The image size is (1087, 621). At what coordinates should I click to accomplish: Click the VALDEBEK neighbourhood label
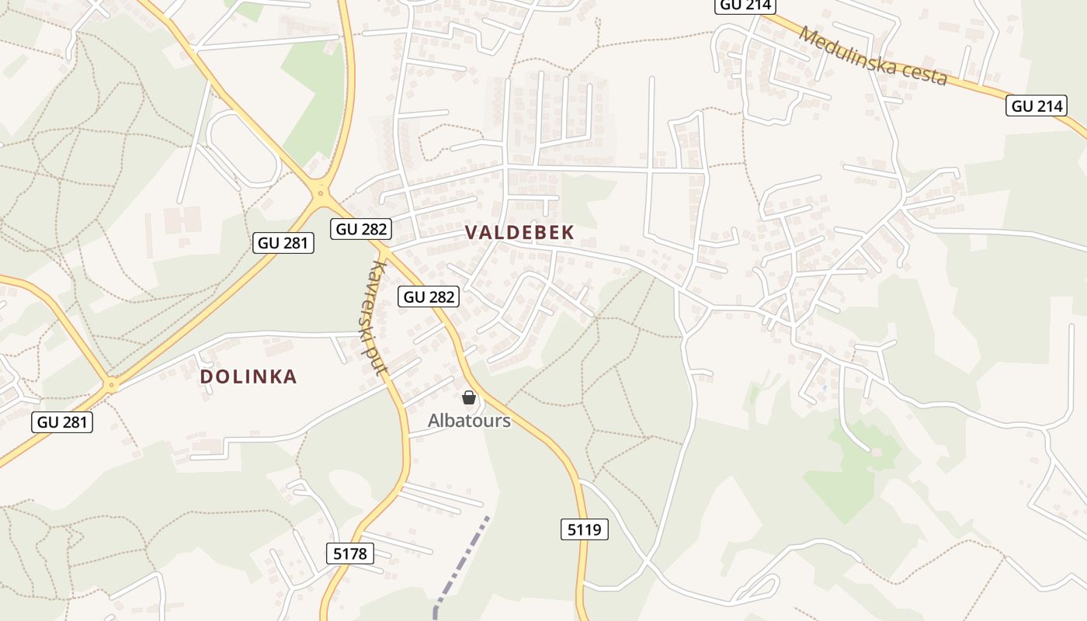point(519,232)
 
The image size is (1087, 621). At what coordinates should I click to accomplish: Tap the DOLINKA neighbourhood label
point(248,376)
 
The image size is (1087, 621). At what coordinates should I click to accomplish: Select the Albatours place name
point(469,421)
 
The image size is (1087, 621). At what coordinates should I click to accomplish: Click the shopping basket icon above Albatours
point(469,397)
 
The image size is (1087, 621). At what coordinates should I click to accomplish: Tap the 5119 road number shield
point(584,530)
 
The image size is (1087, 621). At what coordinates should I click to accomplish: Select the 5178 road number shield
point(350,553)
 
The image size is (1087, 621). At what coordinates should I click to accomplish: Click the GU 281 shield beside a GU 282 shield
point(283,243)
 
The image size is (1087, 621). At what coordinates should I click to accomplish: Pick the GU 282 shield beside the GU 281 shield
point(361,229)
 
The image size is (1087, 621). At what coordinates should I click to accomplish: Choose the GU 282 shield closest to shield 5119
point(429,297)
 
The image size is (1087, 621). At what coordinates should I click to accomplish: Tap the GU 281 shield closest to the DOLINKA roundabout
point(62,422)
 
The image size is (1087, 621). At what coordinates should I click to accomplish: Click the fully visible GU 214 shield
point(1037,106)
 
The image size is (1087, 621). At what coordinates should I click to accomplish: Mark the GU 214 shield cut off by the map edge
point(745,5)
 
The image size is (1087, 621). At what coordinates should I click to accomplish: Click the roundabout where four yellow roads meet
point(320,193)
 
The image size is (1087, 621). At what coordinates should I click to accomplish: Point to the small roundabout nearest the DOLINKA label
point(113,383)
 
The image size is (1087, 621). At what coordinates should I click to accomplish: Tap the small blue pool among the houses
point(824,387)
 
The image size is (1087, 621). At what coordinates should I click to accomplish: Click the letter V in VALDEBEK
point(471,232)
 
